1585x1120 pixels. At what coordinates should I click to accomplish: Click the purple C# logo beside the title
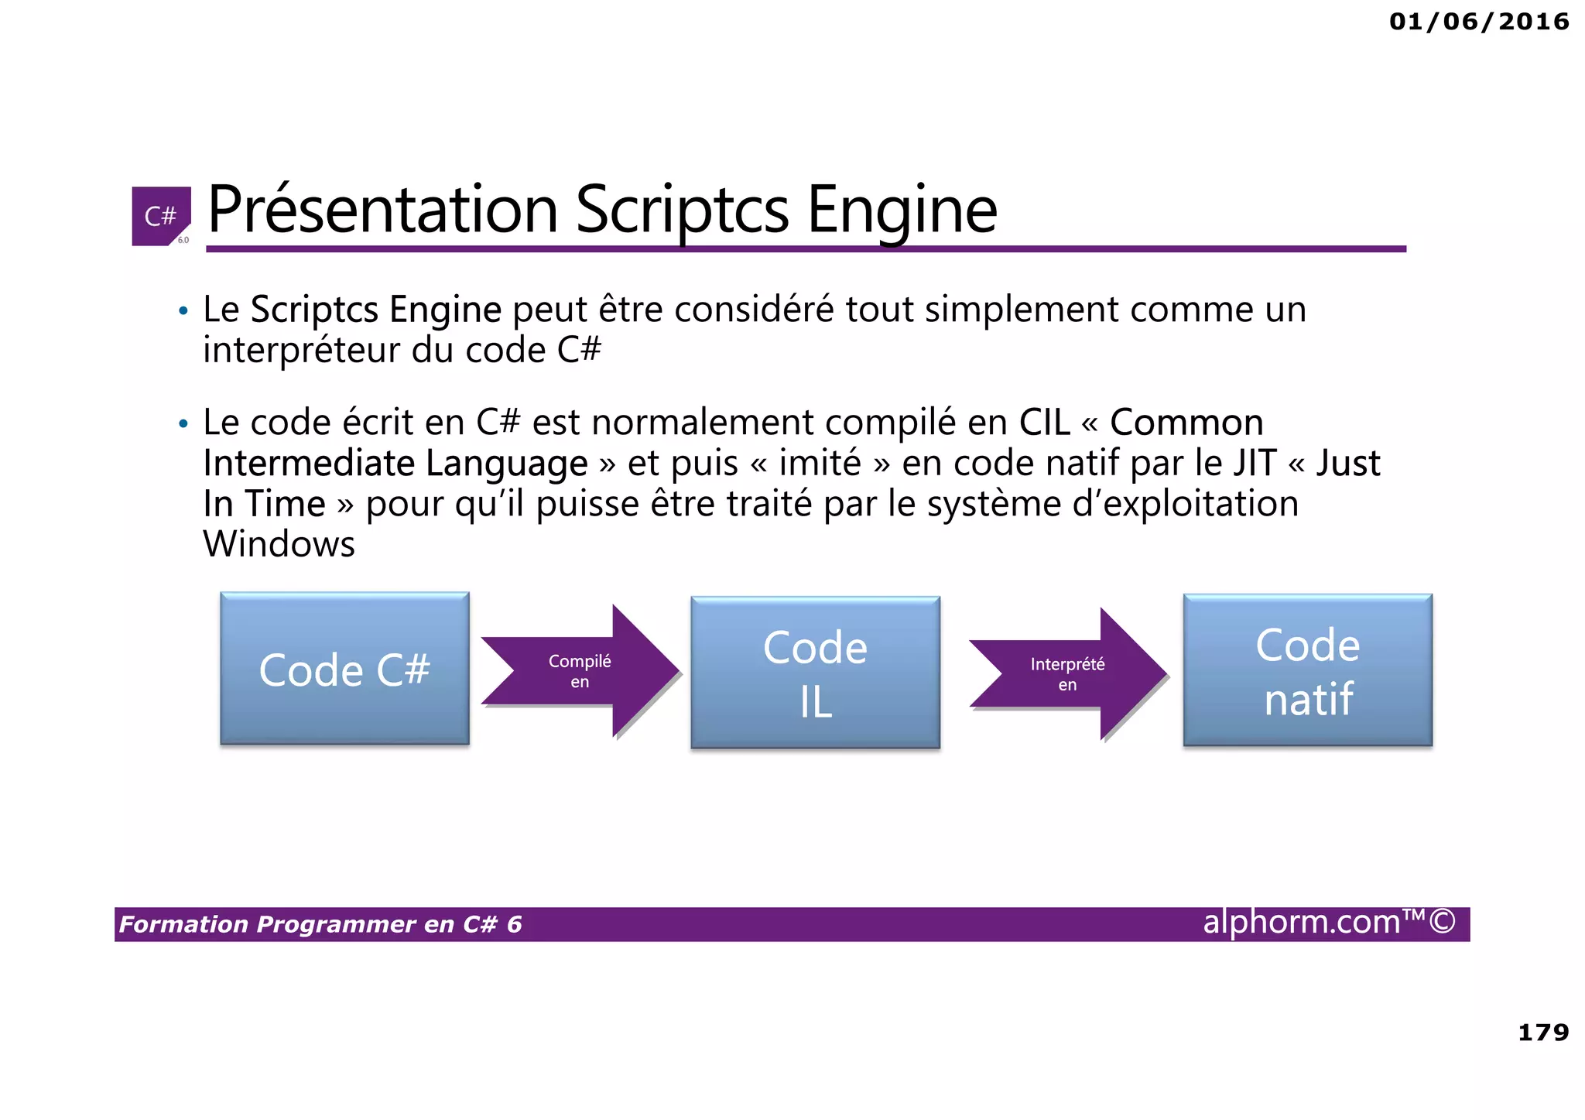pyautogui.click(x=161, y=216)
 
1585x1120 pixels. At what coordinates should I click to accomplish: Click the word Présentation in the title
pyautogui.click(x=382, y=211)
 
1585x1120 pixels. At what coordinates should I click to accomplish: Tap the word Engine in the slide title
pyautogui.click(x=902, y=211)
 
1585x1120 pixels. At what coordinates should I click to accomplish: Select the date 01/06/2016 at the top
pyautogui.click(x=1479, y=22)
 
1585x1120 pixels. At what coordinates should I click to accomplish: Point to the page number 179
pyautogui.click(x=1543, y=1032)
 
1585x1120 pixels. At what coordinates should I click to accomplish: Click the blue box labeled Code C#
pyautogui.click(x=344, y=670)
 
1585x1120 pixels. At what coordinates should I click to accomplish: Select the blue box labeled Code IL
pyautogui.click(x=815, y=673)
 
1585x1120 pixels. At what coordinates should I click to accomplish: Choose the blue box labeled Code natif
pyautogui.click(x=1307, y=670)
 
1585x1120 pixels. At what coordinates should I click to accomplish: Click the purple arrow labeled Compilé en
pyautogui.click(x=580, y=671)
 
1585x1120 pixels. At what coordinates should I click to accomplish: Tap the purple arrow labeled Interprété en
pyautogui.click(x=1067, y=674)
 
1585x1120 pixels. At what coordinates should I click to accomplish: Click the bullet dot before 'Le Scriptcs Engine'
pyautogui.click(x=183, y=312)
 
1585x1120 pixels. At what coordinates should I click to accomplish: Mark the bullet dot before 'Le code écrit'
pyautogui.click(x=183, y=425)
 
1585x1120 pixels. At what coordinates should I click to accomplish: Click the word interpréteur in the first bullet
pyautogui.click(x=302, y=350)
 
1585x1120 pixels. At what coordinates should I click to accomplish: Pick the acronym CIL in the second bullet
pyautogui.click(x=1044, y=423)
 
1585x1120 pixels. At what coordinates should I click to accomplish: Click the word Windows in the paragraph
pyautogui.click(x=279, y=544)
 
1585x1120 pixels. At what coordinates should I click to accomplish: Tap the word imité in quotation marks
pyautogui.click(x=819, y=464)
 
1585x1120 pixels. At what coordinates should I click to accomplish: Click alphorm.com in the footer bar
pyautogui.click(x=1302, y=923)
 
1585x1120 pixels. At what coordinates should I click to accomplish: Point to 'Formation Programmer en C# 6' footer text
pyautogui.click(x=320, y=924)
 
